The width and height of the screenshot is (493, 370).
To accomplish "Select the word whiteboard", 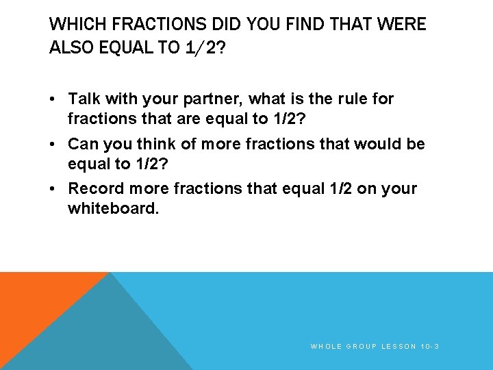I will coord(113,208).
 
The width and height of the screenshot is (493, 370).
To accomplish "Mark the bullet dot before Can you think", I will coord(53,145).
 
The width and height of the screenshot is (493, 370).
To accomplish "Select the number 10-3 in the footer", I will coord(431,347).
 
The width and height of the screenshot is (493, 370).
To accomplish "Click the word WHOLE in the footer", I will coord(326,347).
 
